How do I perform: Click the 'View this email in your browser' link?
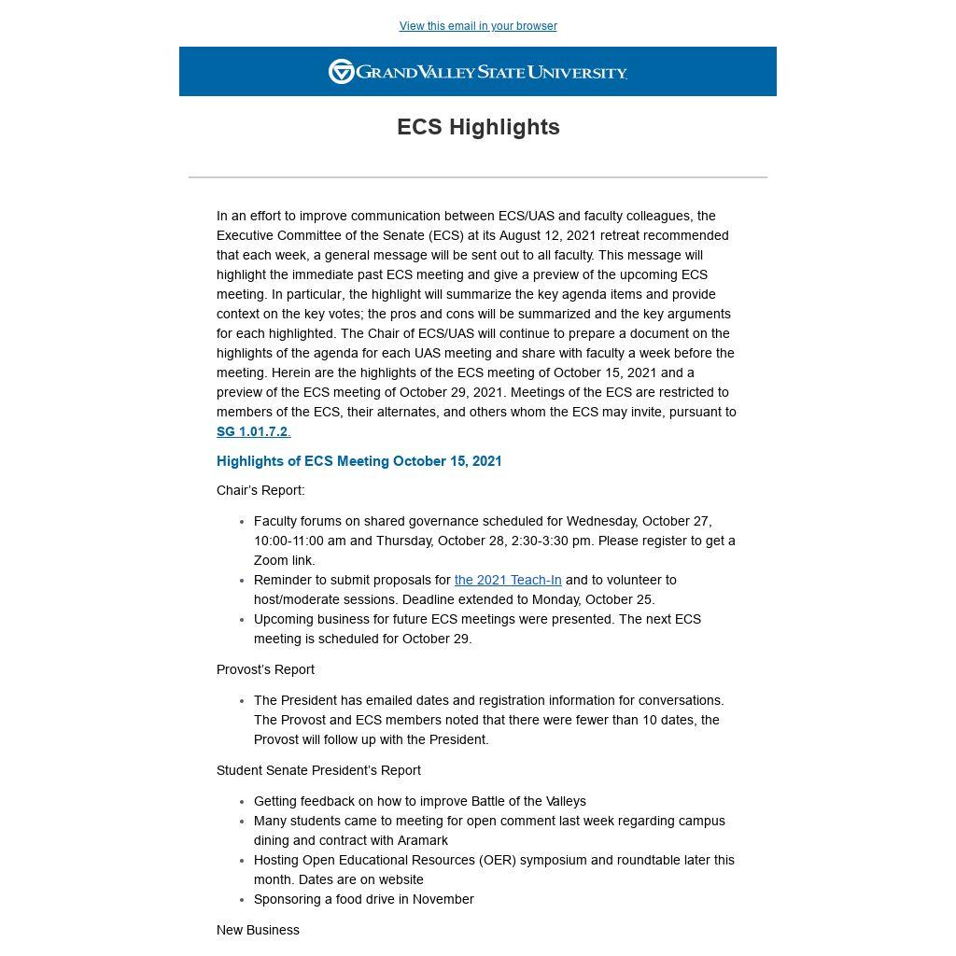click(478, 26)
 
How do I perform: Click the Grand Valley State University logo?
click(478, 72)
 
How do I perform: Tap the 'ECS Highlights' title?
click(478, 127)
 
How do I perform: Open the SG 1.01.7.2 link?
click(252, 431)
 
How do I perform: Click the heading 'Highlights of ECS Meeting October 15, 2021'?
click(359, 461)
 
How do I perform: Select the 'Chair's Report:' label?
click(260, 490)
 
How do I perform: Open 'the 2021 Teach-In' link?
click(508, 580)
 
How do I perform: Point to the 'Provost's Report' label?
click(265, 669)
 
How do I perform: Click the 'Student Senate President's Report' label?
click(318, 770)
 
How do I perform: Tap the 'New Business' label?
click(258, 930)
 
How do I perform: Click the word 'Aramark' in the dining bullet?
click(423, 840)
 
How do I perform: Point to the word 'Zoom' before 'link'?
click(270, 560)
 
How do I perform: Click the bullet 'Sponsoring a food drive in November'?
click(364, 899)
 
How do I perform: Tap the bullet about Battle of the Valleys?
click(420, 801)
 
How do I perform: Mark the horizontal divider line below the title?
click(478, 176)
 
